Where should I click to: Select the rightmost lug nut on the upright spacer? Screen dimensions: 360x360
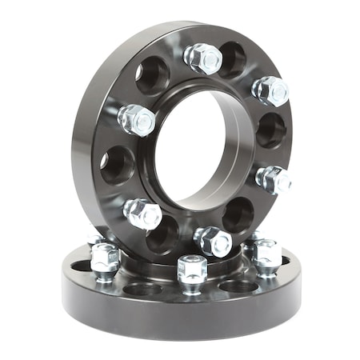pyautogui.click(x=274, y=180)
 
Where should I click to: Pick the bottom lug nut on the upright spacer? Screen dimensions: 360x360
pyautogui.click(x=213, y=240)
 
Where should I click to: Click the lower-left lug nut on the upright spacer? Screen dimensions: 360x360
pyautogui.click(x=142, y=214)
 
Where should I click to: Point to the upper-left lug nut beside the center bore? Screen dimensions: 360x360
pyautogui.click(x=137, y=120)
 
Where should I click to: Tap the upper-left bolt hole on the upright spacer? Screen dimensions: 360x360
pyautogui.click(x=152, y=76)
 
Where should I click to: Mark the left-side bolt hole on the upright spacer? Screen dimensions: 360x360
pyautogui.click(x=116, y=165)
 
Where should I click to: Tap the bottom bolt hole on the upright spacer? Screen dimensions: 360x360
pyautogui.click(x=164, y=234)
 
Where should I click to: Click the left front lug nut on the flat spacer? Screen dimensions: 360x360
pyautogui.click(x=105, y=260)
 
